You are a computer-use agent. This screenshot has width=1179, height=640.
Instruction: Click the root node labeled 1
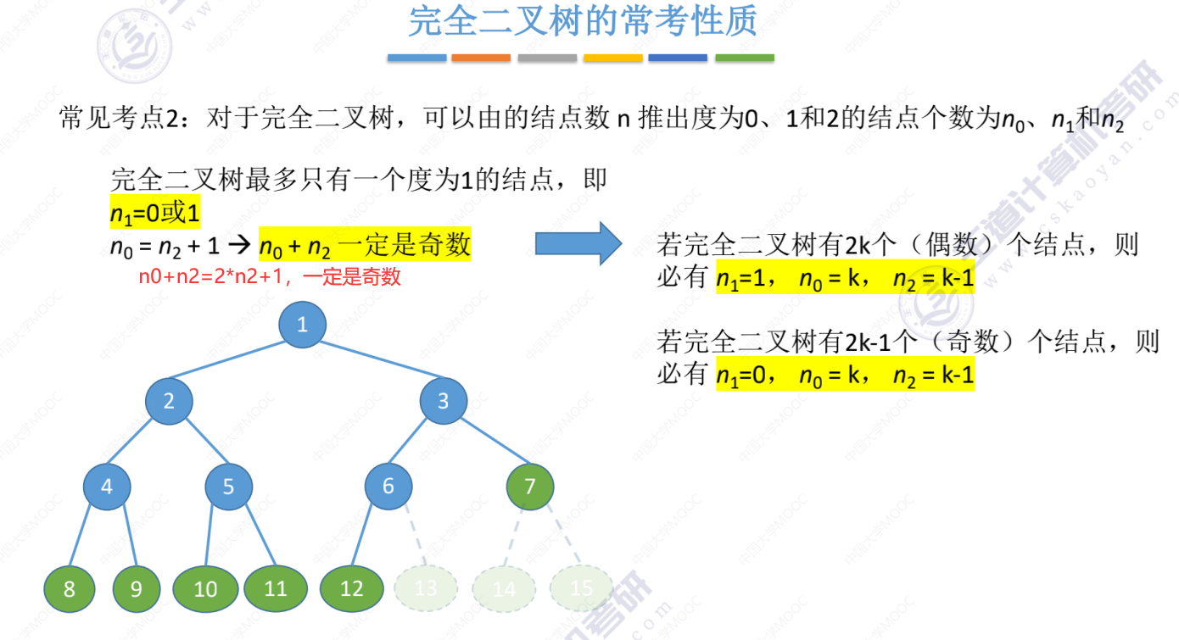pyautogui.click(x=302, y=325)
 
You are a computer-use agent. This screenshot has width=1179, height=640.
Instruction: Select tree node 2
pyautogui.click(x=169, y=401)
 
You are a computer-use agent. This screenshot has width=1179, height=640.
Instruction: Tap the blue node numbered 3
pyautogui.click(x=443, y=401)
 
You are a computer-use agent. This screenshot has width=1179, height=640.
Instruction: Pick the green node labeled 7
pyautogui.click(x=530, y=487)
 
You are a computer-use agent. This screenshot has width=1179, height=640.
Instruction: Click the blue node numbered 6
pyautogui.click(x=388, y=487)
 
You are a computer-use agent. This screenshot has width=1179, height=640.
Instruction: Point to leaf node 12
pyautogui.click(x=351, y=588)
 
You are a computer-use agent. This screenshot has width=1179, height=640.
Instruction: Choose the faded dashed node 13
pyautogui.click(x=426, y=588)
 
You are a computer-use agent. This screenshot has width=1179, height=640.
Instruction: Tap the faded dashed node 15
pyautogui.click(x=582, y=588)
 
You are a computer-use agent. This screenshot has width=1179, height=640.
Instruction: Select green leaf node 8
pyautogui.click(x=70, y=588)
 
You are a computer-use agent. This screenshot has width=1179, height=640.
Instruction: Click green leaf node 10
pyautogui.click(x=206, y=588)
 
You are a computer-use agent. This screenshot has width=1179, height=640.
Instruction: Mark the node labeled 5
pyautogui.click(x=228, y=487)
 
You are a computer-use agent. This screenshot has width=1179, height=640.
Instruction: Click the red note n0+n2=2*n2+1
pyautogui.click(x=270, y=277)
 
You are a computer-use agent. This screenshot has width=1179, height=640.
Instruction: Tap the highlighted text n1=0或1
pyautogui.click(x=155, y=213)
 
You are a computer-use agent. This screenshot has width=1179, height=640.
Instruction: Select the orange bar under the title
pyautogui.click(x=481, y=58)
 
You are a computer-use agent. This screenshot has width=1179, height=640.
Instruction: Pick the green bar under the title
pyautogui.click(x=745, y=58)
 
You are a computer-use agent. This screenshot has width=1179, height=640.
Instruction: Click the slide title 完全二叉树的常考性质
pyautogui.click(x=582, y=22)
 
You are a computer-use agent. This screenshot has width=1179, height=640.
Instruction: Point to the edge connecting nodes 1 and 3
pyautogui.click(x=373, y=364)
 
